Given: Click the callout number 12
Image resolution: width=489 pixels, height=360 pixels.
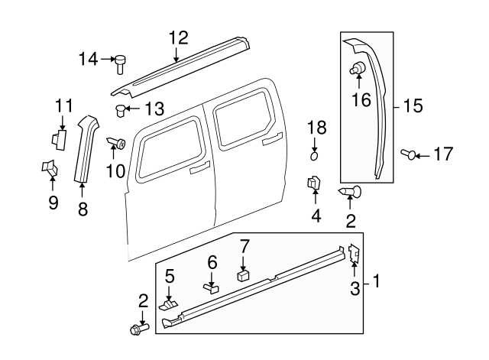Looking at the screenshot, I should click(x=177, y=37).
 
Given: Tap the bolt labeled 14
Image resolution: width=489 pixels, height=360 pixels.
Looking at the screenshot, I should click(x=120, y=62).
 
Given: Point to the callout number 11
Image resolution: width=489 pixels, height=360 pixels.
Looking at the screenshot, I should click(x=63, y=105).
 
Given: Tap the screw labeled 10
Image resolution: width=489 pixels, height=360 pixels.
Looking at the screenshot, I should click(x=117, y=142).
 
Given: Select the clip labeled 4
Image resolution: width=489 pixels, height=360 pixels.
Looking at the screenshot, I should click(x=313, y=185).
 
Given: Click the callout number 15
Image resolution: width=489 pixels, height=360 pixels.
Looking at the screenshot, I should click(x=413, y=106).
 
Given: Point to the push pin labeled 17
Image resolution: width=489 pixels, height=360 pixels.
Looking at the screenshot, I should click(x=412, y=155).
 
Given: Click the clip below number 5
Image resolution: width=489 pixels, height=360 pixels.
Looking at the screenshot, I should click(x=170, y=303).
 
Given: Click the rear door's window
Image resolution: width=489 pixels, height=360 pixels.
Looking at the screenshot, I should click(x=242, y=119).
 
